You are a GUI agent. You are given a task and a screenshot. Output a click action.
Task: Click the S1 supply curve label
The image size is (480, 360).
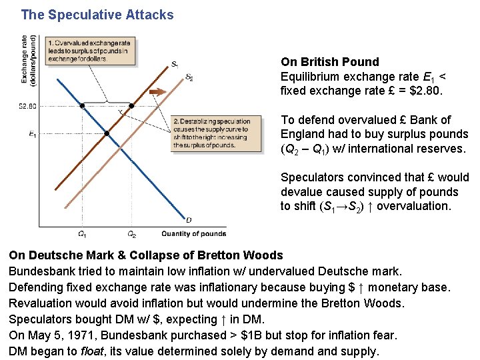point(174,65)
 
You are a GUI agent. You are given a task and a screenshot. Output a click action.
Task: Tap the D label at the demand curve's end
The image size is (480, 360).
point(189,220)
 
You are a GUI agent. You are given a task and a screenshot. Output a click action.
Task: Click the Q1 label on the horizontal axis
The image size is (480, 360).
point(81,234)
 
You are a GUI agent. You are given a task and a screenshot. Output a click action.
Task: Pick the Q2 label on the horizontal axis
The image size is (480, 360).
point(131,234)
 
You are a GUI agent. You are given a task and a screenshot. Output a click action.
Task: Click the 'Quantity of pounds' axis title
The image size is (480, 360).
point(193,234)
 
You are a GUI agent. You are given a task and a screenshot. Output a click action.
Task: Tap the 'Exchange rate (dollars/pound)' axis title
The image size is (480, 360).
point(28,60)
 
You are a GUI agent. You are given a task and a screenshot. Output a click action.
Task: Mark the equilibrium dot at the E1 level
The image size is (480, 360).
point(107,133)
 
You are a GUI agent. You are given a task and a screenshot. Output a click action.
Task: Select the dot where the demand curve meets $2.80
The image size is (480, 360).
point(82,106)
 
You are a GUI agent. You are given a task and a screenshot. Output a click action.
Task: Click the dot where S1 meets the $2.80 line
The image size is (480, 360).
point(131,106)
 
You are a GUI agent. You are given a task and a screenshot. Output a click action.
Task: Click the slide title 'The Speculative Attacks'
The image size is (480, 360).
point(97,15)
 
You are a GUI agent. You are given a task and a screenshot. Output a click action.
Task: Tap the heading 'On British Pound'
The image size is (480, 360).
point(329,62)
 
